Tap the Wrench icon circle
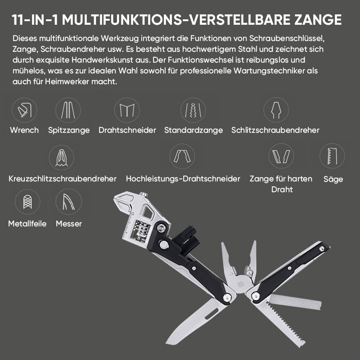tap(24, 110)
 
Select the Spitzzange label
tap(69, 130)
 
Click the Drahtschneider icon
tap(127, 110)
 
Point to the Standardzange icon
tap(193, 110)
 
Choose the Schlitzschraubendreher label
tap(275, 130)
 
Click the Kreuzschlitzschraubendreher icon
tap(62, 158)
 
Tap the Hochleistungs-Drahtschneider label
tap(183, 179)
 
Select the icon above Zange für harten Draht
tap(281, 156)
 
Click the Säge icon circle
tap(332, 156)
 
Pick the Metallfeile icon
tap(27, 202)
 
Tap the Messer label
tap(69, 224)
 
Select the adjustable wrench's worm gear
tap(140, 231)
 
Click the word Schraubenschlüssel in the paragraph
tap(287, 38)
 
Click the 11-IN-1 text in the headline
tap(35, 19)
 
